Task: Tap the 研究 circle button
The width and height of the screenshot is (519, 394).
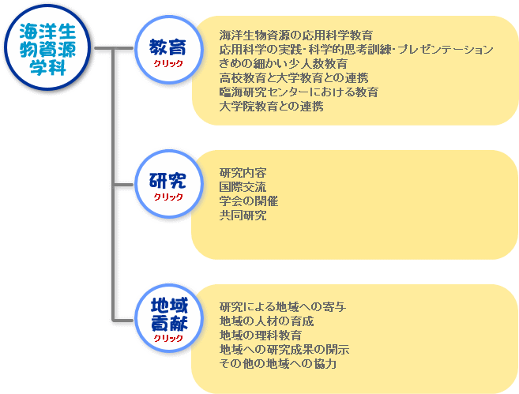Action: (168, 183)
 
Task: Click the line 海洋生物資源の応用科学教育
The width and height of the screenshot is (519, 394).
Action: (296, 36)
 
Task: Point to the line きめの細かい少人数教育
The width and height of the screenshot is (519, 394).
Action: (284, 64)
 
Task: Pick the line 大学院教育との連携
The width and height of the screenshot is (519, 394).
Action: (271, 107)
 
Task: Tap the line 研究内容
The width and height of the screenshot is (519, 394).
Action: (243, 173)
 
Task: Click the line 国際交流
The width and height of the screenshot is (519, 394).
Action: (243, 187)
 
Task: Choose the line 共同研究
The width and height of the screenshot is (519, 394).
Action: (243, 216)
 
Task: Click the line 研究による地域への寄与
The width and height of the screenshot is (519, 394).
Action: (284, 307)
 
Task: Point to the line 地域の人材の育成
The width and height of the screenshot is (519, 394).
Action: (267, 321)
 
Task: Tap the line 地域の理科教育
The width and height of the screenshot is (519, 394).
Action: (261, 336)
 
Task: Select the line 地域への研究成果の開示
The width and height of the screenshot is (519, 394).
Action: (284, 350)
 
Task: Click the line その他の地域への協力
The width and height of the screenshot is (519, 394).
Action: (279, 364)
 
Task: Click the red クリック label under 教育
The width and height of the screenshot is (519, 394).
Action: (168, 63)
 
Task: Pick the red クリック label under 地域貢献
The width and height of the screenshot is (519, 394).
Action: (168, 338)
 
